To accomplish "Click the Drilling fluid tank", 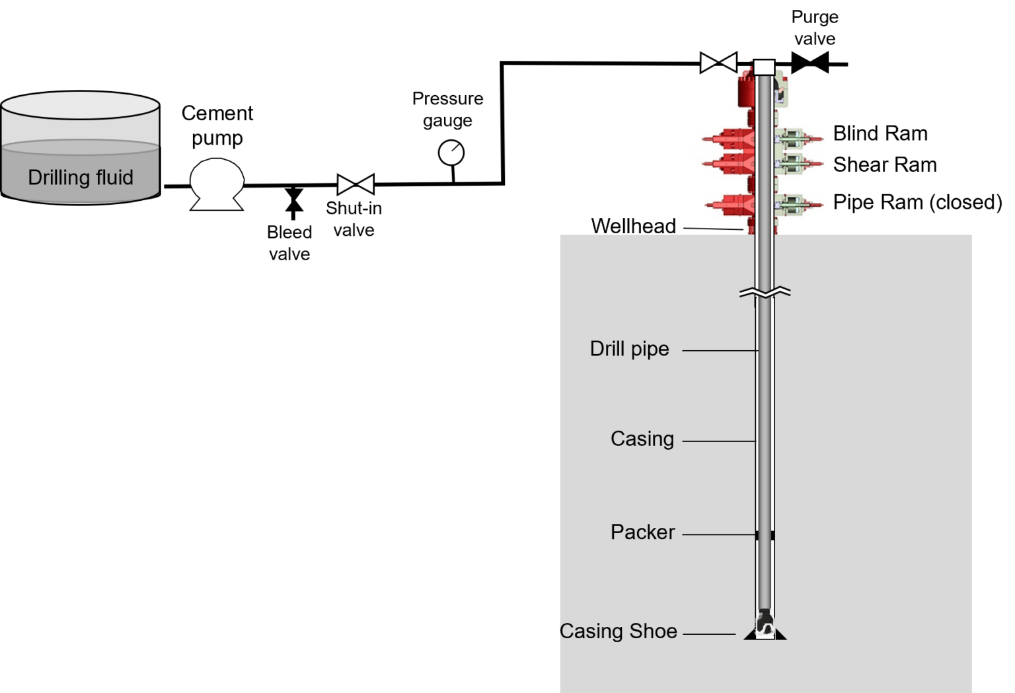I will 81,149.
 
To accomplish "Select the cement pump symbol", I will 217,183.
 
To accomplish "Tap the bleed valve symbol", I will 293,200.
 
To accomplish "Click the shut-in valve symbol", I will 356,184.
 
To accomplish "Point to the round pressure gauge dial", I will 451,153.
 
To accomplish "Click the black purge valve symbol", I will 809,64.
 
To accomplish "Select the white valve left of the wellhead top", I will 718,63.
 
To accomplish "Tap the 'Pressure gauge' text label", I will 447,109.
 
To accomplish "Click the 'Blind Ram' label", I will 880,133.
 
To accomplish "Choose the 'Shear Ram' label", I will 885,164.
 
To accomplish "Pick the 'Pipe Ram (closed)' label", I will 917,202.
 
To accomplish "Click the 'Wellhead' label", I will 633,227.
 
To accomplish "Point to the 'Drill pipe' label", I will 629,349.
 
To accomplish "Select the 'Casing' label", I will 642,439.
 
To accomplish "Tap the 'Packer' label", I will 642,532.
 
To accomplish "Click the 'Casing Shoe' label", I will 618,632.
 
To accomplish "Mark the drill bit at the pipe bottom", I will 765,622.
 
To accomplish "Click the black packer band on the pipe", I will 765,535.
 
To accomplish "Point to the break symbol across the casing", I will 765,292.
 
